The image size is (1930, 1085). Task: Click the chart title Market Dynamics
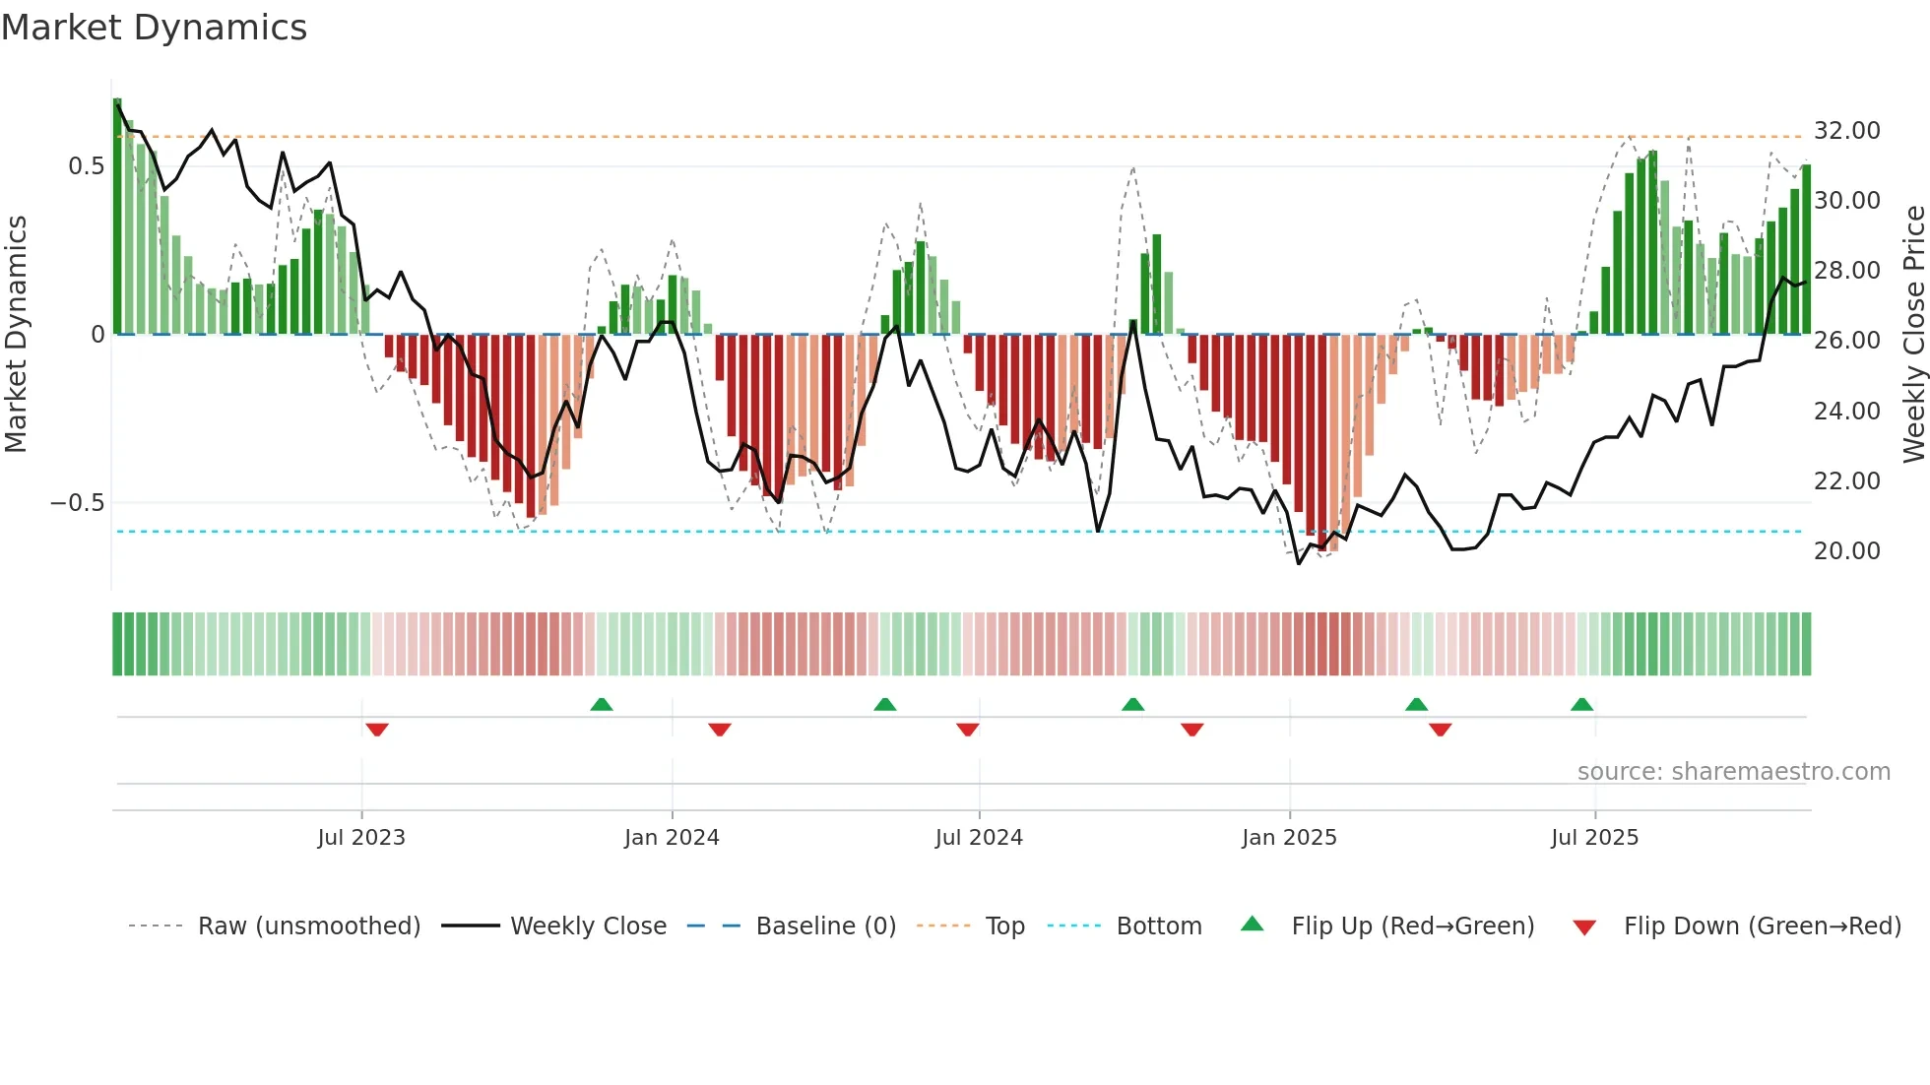tap(155, 28)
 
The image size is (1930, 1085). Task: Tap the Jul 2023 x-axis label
tap(361, 838)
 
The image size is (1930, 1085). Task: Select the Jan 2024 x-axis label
tap(672, 838)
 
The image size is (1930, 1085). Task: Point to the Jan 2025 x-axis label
tap(1289, 838)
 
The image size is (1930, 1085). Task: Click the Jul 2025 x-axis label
tap(1594, 838)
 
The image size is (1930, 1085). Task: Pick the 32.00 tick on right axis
tap(1846, 131)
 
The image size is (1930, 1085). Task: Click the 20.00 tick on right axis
tap(1846, 551)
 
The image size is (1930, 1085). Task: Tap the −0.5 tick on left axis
tap(78, 503)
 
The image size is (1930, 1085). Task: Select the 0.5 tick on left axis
tap(86, 166)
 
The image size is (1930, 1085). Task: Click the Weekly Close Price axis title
tap(1913, 335)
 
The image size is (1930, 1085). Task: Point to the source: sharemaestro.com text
tap(1733, 772)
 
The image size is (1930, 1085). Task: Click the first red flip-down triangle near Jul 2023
tap(377, 730)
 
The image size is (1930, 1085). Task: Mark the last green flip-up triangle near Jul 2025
tap(1581, 704)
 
